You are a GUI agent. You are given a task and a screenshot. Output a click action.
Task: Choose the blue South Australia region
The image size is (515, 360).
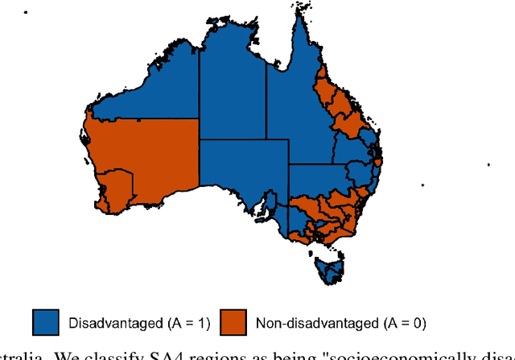(x=241, y=173)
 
